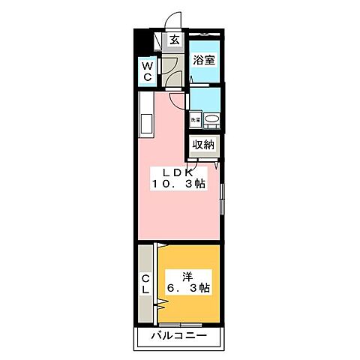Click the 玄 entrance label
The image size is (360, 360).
[x=174, y=40]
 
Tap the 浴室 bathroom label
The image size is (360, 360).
[x=204, y=60]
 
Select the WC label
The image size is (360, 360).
[x=148, y=72]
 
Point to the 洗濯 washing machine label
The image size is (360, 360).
[x=195, y=119]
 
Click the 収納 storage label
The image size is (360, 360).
[x=204, y=145]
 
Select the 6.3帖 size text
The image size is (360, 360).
[x=187, y=289]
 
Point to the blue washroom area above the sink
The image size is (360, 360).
[x=205, y=98]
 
